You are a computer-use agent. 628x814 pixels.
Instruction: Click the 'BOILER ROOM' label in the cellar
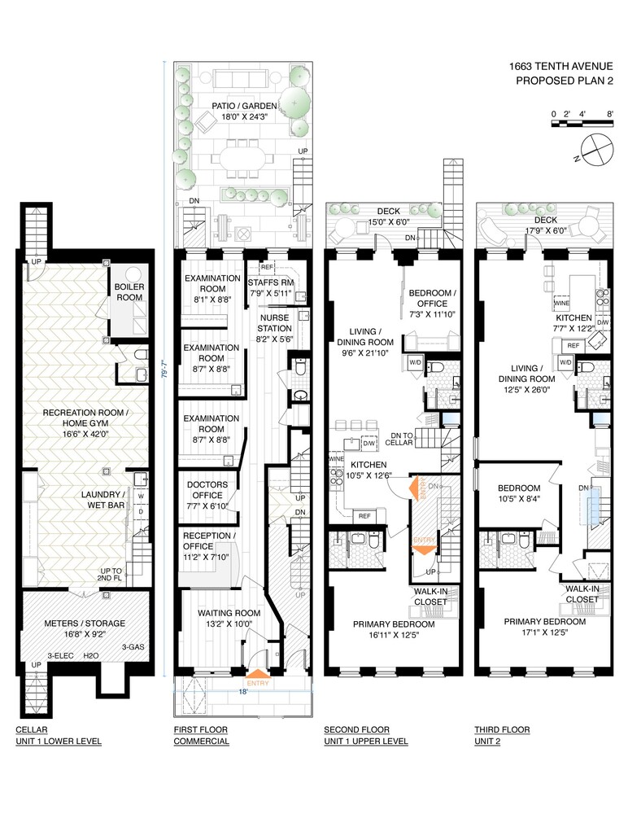[x=129, y=291]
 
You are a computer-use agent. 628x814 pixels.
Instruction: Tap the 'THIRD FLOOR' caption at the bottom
[x=502, y=729]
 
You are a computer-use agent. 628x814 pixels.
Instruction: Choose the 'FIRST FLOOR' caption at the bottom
[x=201, y=729]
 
